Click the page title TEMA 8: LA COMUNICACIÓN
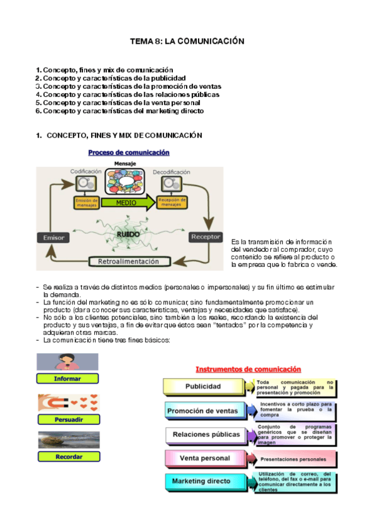187,41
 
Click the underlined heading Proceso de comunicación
129,152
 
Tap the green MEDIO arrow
125,202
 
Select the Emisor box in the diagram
54,237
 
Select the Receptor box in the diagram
205,237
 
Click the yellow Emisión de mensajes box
86,202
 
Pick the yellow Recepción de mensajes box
173,202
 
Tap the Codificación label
86,171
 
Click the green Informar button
67,378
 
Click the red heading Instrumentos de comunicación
249,369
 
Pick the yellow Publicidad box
204,387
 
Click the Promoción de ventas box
204,411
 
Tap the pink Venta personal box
204,458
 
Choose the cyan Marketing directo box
204,482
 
